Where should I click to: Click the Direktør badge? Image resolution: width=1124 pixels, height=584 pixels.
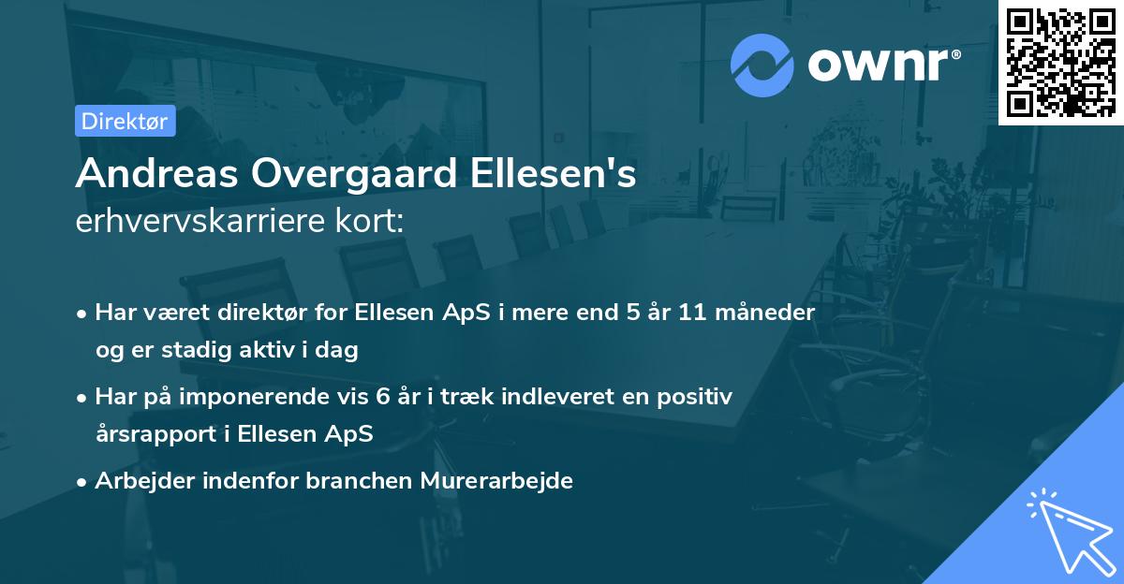125,121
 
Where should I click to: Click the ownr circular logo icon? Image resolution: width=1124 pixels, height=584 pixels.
762,65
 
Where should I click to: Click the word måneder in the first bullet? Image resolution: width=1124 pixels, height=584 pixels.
768,313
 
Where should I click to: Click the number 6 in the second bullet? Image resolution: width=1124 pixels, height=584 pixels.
382,397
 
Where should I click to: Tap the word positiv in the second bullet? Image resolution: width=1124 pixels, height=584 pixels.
697,397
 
